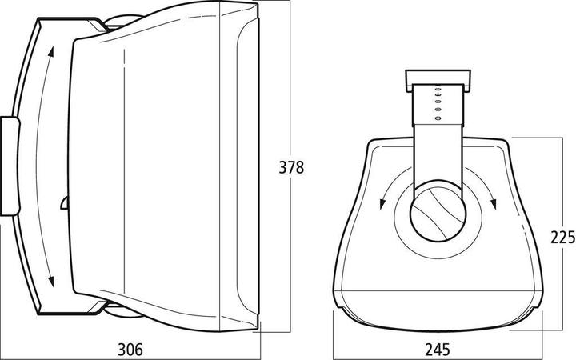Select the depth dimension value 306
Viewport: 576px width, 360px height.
coord(131,349)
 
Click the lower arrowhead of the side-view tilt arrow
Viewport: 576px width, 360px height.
coord(51,281)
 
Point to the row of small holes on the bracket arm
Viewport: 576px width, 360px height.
coord(437,103)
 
